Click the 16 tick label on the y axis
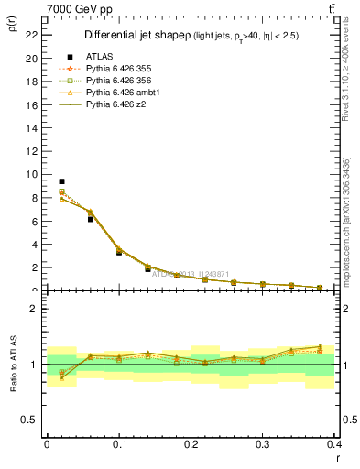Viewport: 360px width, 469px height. click(31, 104)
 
